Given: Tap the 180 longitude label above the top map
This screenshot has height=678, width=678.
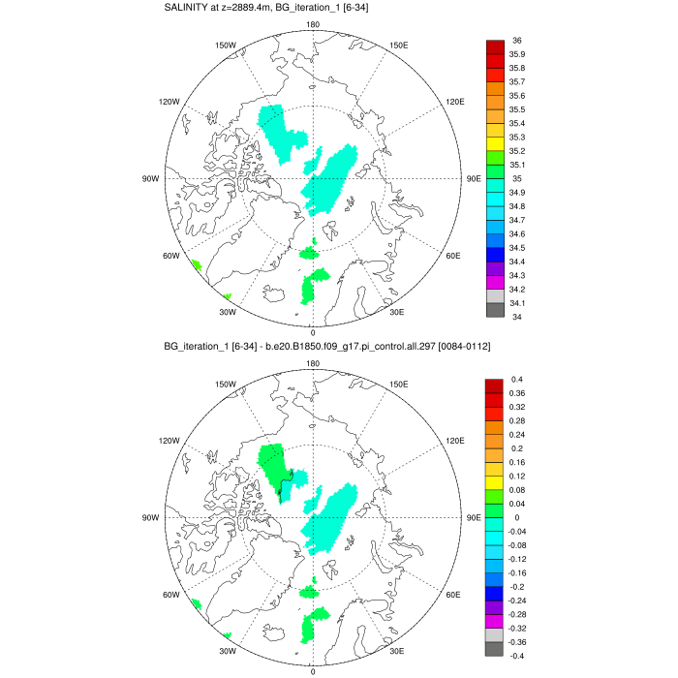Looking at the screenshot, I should (312, 24).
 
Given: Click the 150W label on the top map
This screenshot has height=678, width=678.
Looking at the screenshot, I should (226, 45).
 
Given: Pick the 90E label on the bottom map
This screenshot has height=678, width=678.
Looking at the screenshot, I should (474, 517).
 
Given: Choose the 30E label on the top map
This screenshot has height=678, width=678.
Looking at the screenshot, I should (396, 312).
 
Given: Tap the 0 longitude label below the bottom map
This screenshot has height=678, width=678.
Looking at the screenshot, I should (312, 670).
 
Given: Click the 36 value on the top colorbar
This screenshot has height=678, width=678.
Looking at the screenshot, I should (518, 41).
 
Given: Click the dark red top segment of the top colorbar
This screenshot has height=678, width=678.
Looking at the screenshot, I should (494, 47).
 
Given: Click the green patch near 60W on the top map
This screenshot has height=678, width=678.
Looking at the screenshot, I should (196, 264).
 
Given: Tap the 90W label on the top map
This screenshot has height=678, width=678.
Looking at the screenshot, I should (151, 178).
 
